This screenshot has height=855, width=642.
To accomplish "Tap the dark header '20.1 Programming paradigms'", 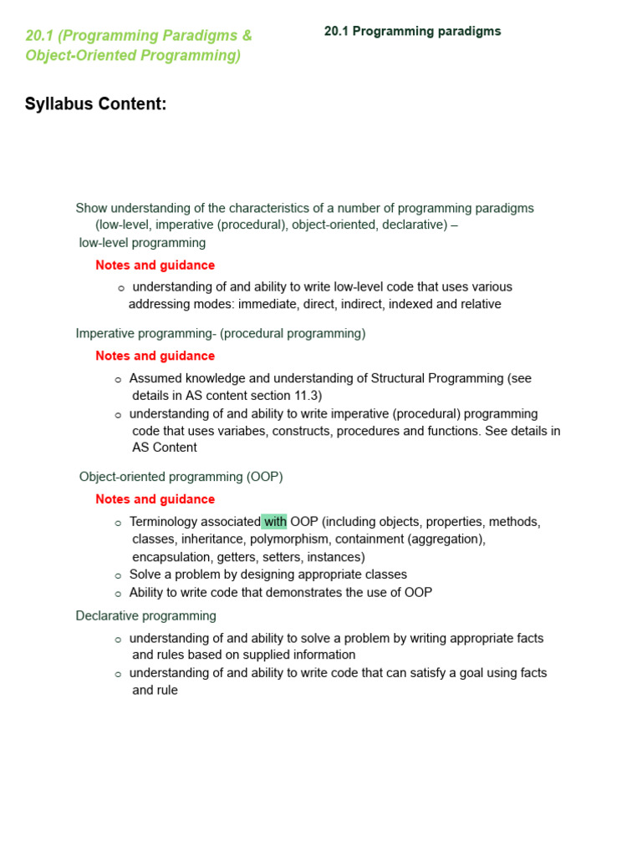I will pyautogui.click(x=412, y=32).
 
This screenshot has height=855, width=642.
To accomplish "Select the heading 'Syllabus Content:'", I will pyautogui.click(x=96, y=104).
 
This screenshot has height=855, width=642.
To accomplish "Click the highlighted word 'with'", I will pyautogui.click(x=274, y=522).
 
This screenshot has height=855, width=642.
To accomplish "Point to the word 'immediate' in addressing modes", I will pyautogui.click(x=267, y=304).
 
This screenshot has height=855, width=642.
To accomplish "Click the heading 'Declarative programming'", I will pyautogui.click(x=145, y=616).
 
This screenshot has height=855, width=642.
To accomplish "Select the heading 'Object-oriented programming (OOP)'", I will pyautogui.click(x=181, y=477).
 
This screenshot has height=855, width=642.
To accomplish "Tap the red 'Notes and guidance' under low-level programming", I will pyautogui.click(x=155, y=266).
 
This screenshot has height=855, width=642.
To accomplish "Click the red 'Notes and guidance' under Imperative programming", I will pyautogui.click(x=155, y=356).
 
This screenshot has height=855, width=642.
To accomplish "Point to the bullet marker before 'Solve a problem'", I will pyautogui.click(x=118, y=575).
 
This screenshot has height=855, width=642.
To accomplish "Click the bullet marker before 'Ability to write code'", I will pyautogui.click(x=118, y=594).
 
